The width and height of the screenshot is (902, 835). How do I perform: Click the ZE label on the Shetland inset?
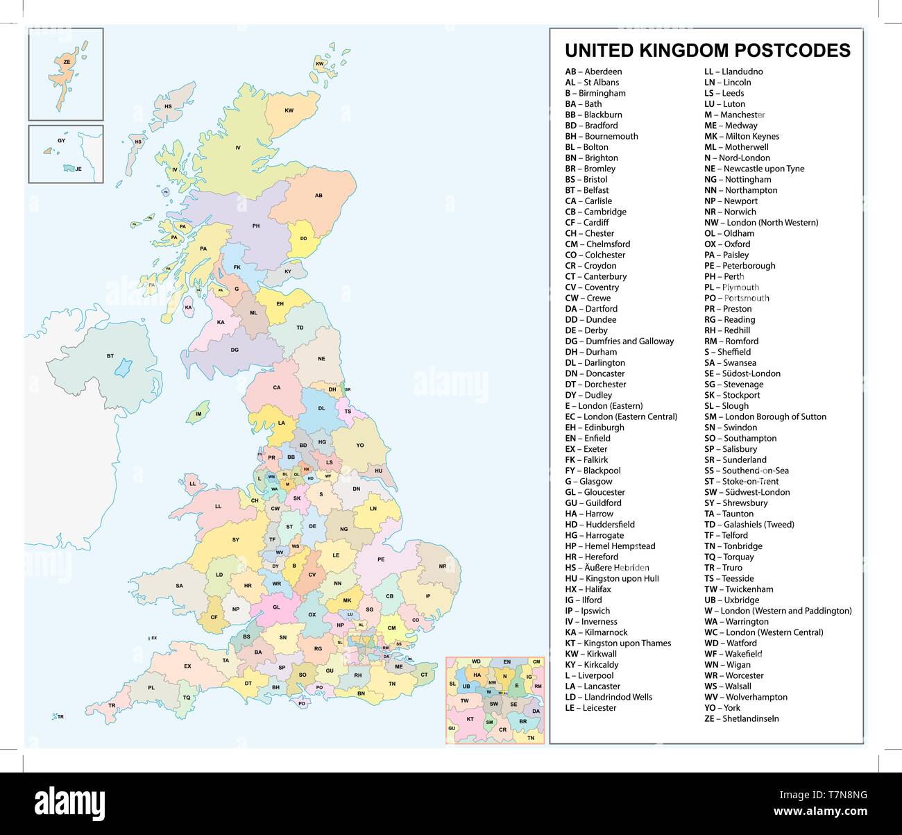click(67, 62)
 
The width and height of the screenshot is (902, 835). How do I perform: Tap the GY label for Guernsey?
click(61, 141)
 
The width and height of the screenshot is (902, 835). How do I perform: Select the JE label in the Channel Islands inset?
click(78, 169)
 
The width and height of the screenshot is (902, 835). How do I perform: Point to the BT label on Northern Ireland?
click(110, 356)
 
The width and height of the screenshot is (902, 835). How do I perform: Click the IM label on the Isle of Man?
click(198, 414)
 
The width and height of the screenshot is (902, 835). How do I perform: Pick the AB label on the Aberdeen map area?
click(318, 196)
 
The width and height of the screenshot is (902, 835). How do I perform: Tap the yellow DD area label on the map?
click(303, 238)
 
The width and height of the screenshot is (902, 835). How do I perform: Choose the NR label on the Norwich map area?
click(443, 566)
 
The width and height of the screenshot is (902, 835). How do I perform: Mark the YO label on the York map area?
click(360, 446)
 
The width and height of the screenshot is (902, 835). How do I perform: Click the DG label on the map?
click(235, 350)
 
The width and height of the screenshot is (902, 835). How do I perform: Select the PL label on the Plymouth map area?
click(151, 688)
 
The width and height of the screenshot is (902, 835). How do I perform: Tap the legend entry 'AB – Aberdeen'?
click(593, 71)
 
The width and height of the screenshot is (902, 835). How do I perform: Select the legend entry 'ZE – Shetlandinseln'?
click(741, 718)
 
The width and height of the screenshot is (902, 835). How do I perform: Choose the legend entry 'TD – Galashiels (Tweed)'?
click(749, 524)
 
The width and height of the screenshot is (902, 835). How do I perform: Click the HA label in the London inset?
click(477, 675)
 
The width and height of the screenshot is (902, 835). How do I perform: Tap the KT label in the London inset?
click(470, 719)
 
